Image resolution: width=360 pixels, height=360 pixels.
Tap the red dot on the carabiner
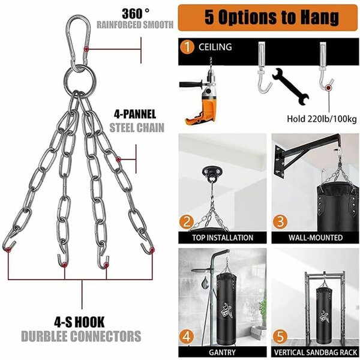pos(86,49)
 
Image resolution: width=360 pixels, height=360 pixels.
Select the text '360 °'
pos(136,14)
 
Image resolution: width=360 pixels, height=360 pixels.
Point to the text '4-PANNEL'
pos(135,114)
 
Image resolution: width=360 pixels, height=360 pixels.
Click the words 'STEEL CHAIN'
pos(137,128)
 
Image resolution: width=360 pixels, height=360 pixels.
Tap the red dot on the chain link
pos(118,159)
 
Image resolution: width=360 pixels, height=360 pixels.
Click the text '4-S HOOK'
pos(79,322)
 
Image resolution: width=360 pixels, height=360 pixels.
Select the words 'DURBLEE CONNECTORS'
pos(81,336)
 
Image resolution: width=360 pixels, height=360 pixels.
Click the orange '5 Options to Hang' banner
pos(268,17)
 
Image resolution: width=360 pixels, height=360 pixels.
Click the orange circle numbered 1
pos(187,47)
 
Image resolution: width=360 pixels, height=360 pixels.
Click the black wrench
pos(290,86)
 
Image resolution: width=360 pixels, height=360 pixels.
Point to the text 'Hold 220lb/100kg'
pos(322,119)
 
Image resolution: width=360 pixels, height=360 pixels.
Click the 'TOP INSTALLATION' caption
pos(223,238)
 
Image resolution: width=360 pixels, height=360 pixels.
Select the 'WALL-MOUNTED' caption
pos(316,238)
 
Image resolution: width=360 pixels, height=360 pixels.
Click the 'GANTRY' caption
pos(222,352)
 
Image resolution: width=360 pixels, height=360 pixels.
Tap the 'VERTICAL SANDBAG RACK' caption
pos(316,352)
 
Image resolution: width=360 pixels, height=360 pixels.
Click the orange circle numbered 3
pos(280,222)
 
